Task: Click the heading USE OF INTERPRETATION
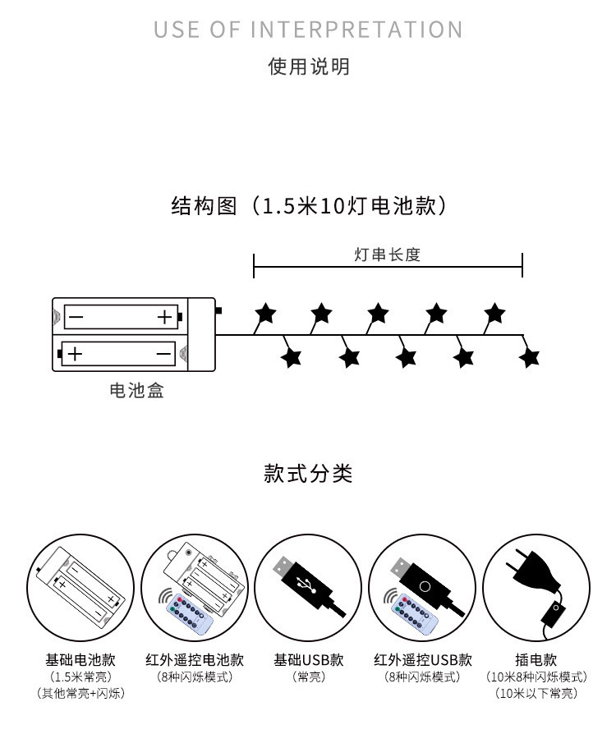[308, 30]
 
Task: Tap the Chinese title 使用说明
[309, 67]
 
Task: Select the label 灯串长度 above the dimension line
[388, 255]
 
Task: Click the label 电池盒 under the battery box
[136, 390]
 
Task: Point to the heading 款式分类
[308, 473]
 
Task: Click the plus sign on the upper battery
[165, 317]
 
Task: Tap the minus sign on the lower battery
[163, 353]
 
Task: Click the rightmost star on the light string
[529, 358]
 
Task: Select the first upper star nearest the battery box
[265, 313]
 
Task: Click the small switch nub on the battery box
[218, 310]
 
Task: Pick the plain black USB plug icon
[309, 585]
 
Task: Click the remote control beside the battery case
[190, 615]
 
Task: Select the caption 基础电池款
[80, 659]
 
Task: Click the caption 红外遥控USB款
[422, 659]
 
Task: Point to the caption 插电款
[536, 659]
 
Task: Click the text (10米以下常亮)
[536, 693]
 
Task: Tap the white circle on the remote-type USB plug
[425, 586]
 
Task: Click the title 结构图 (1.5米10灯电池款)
[308, 206]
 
